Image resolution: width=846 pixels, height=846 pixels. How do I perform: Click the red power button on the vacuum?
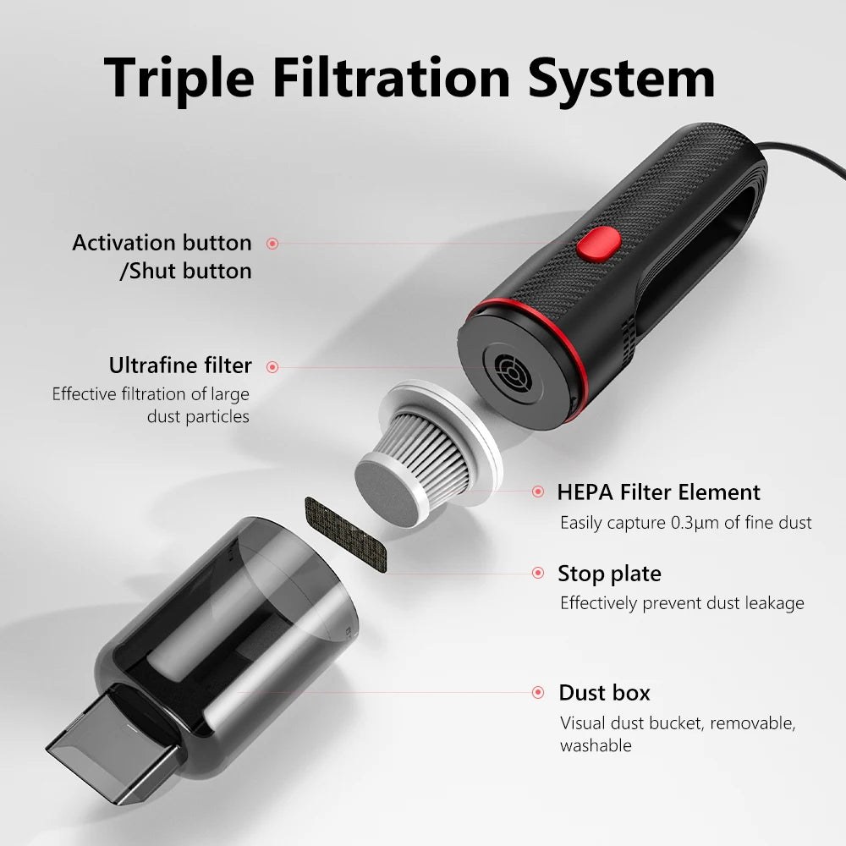[x=598, y=243]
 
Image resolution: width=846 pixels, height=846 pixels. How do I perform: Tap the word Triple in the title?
[x=179, y=80]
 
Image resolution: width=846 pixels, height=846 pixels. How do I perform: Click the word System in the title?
[x=621, y=80]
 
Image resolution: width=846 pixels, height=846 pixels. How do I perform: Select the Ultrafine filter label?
[x=180, y=365]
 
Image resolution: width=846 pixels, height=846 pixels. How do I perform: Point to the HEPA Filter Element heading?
[x=658, y=492]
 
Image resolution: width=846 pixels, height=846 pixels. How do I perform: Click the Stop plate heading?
[x=609, y=574]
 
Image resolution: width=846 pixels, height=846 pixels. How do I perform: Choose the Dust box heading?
[x=604, y=693]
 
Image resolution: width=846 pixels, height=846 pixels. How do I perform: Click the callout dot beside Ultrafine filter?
[x=272, y=367]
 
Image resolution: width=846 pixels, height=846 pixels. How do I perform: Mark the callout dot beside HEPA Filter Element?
[x=538, y=491]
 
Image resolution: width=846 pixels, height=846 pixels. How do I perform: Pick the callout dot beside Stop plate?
[x=538, y=573]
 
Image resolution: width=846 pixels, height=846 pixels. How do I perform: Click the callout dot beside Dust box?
[x=538, y=692]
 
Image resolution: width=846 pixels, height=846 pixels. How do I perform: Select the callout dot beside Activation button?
[x=272, y=244]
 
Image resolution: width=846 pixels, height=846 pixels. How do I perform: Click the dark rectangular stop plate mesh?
[x=346, y=535]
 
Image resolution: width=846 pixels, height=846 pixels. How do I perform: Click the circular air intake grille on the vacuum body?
[x=514, y=373]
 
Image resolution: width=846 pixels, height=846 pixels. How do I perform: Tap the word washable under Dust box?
[x=596, y=745]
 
